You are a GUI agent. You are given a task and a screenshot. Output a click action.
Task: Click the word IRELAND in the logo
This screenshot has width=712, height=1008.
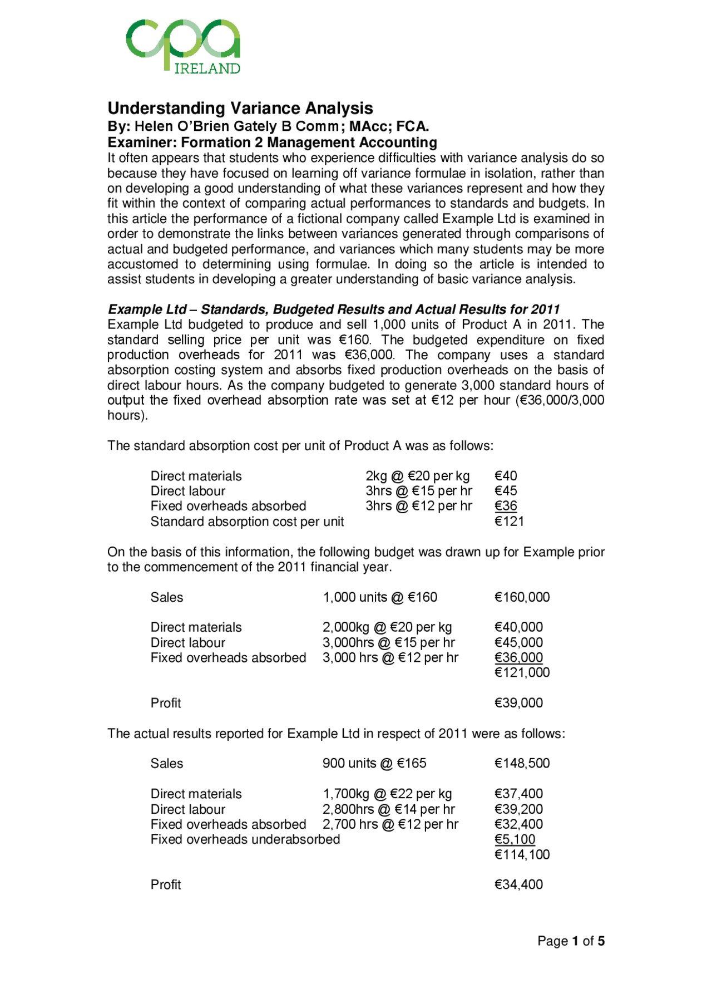[207, 68]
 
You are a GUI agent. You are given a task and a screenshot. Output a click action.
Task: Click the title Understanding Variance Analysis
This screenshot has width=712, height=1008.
[240, 108]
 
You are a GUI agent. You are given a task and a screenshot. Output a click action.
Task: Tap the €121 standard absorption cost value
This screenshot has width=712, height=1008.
[509, 522]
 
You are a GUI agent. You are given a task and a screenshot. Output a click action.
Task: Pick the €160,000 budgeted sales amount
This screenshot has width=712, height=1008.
[521, 597]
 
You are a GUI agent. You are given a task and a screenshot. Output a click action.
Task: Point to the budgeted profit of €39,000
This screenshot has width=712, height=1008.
[518, 703]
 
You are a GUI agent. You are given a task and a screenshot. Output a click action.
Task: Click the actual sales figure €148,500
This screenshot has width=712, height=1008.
[521, 763]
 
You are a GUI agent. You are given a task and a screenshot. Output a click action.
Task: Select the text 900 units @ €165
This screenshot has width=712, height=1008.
[374, 763]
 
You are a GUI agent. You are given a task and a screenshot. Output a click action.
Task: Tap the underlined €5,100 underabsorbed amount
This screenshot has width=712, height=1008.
[515, 839]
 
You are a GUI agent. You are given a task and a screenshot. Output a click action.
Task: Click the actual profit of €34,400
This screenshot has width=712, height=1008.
[518, 884]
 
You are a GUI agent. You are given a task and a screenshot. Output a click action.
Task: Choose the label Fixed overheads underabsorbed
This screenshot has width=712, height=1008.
[245, 839]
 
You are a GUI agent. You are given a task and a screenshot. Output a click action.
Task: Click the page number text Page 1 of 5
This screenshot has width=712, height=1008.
[570, 941]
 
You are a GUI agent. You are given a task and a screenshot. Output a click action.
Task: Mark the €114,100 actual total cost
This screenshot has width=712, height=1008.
[521, 855]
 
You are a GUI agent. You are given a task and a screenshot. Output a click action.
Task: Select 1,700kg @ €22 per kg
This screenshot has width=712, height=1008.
[387, 794]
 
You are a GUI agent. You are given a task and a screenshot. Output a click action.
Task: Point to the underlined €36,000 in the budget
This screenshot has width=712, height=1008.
[518, 657]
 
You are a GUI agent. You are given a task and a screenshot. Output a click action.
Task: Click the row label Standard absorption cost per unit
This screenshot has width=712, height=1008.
[247, 522]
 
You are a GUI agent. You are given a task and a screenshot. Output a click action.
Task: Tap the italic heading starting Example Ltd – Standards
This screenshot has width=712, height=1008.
[334, 309]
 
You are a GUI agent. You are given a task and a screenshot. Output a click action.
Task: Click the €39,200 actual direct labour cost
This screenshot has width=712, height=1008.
[518, 809]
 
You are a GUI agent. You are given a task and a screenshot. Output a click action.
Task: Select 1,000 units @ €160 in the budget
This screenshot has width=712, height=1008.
[380, 597]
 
